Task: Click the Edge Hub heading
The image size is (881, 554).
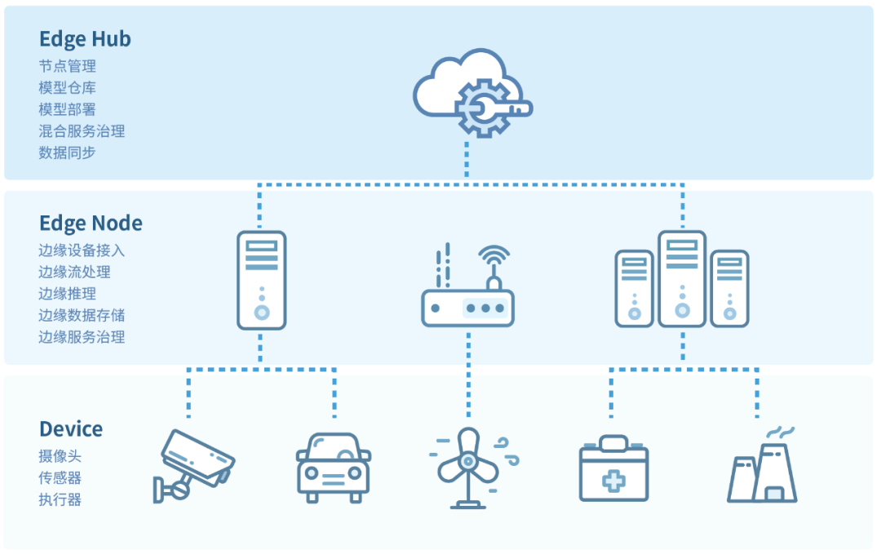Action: (x=85, y=39)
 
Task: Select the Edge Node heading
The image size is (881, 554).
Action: (x=91, y=224)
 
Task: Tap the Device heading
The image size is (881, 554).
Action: (x=71, y=429)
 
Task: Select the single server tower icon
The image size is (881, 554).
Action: (x=262, y=280)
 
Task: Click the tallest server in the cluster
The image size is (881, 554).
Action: (x=682, y=279)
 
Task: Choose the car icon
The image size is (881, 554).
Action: (x=333, y=467)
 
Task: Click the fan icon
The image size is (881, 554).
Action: (x=467, y=467)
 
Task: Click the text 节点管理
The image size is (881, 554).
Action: (x=68, y=66)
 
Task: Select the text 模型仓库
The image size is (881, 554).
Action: (x=68, y=87)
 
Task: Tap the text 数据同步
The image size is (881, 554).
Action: (x=68, y=152)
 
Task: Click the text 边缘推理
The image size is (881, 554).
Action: (x=68, y=294)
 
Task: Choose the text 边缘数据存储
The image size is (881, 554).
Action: (x=82, y=315)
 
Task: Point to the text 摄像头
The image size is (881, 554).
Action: (x=60, y=457)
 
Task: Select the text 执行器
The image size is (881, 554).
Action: (x=60, y=499)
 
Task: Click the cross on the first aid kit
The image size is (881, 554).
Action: (x=613, y=481)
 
